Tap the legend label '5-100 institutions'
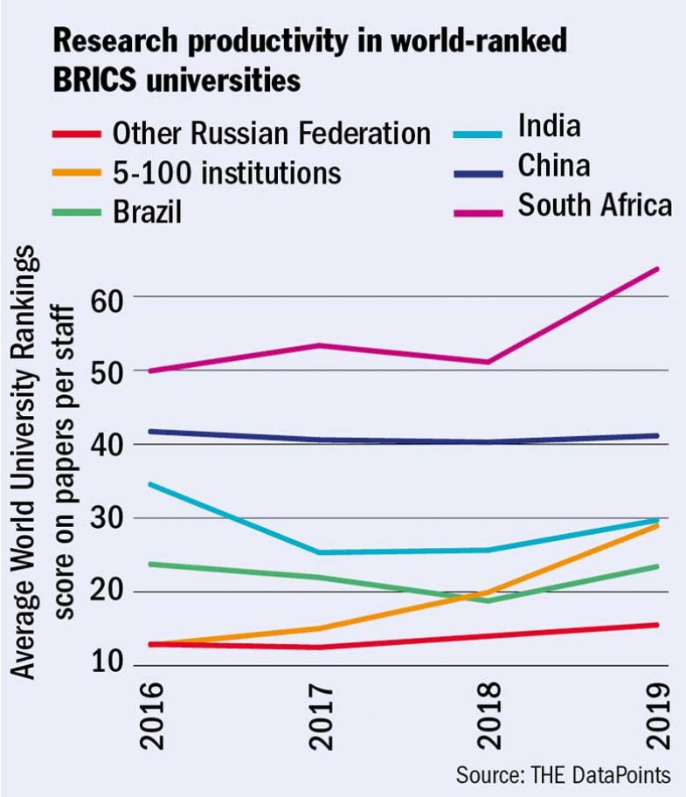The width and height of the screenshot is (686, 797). click(x=226, y=172)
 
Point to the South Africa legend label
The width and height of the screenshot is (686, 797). click(x=594, y=204)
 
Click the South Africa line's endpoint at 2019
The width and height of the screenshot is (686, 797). click(x=657, y=269)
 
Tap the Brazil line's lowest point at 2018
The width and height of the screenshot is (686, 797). click(x=489, y=600)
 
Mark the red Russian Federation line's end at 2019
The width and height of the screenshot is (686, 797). click(x=657, y=625)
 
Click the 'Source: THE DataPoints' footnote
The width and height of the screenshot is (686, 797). click(x=563, y=774)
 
